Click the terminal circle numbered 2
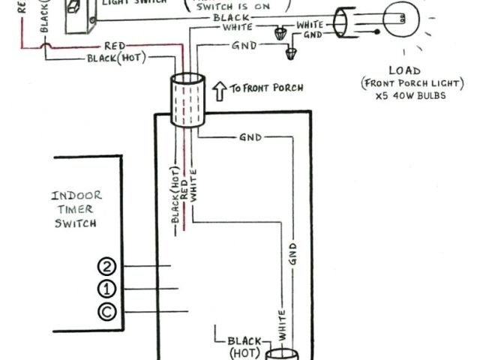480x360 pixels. [x=107, y=266]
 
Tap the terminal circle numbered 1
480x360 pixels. [x=107, y=289]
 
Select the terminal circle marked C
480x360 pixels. [x=107, y=311]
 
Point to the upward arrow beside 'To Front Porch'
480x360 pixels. [x=220, y=91]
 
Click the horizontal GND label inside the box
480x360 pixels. [x=250, y=139]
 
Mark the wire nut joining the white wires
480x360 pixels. [x=282, y=32]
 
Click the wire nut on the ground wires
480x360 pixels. [x=291, y=53]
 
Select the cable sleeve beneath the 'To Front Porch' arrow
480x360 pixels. [x=187, y=101]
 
